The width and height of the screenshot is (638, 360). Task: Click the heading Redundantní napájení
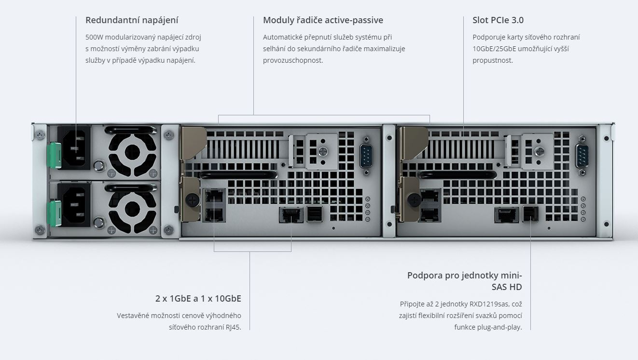[x=132, y=20]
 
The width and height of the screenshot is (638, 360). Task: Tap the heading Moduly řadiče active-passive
[x=323, y=20]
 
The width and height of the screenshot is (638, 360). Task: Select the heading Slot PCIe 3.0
[x=498, y=20]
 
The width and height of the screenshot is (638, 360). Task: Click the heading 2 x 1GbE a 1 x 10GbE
[x=198, y=299]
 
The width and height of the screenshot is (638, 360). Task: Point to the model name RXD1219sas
[x=489, y=304]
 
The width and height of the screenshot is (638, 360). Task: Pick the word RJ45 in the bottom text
[x=233, y=327]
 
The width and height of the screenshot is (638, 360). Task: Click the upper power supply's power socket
[x=74, y=148]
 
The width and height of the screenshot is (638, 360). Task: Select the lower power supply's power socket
[x=74, y=205]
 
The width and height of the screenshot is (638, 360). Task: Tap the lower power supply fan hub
[x=132, y=209]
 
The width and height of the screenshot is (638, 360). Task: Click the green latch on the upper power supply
[x=54, y=155]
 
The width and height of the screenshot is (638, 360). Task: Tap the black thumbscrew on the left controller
[x=192, y=200]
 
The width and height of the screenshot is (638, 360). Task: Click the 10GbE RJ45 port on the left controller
[x=291, y=215]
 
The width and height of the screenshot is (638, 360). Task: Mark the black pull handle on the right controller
[x=457, y=175]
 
